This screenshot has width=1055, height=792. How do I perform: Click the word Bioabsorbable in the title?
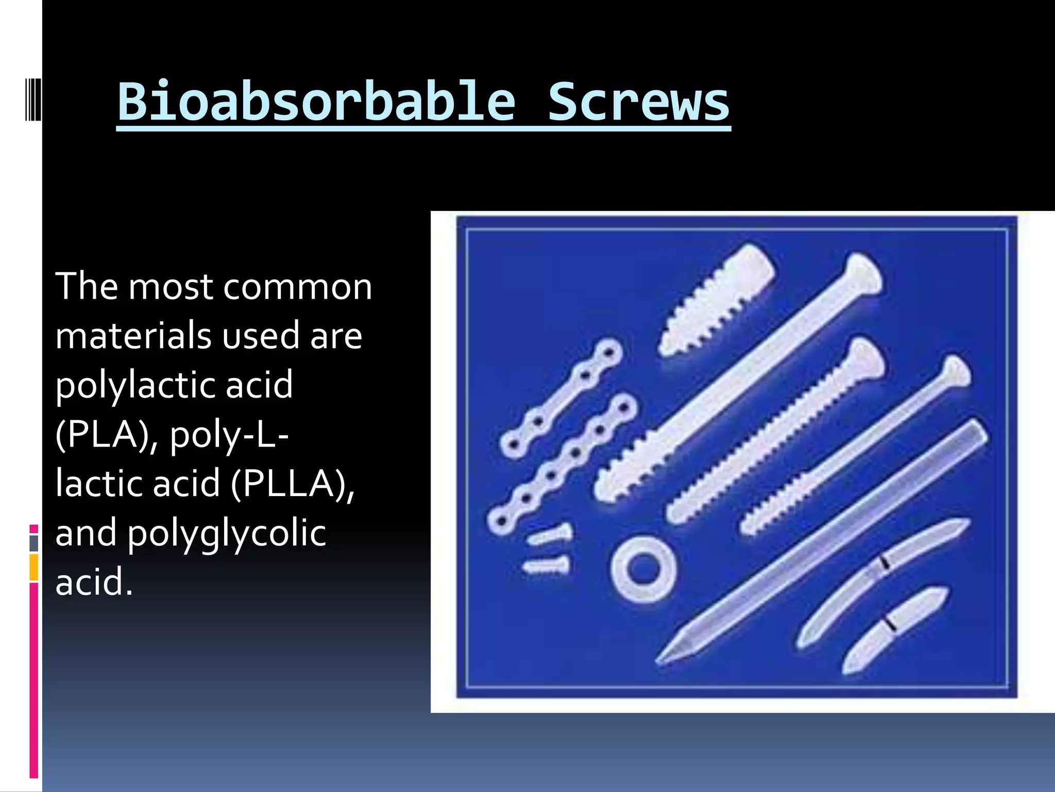pyautogui.click(x=316, y=102)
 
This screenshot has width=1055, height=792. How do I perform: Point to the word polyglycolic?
pyautogui.click(x=227, y=534)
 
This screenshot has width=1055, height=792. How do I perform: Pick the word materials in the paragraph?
pyautogui.click(x=134, y=336)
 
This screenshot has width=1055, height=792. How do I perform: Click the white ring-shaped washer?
pyautogui.click(x=643, y=569)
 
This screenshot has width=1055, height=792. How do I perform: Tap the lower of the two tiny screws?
pyautogui.click(x=547, y=566)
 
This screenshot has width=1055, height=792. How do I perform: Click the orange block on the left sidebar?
pyautogui.click(x=34, y=567)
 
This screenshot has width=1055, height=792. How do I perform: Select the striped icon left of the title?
pyautogui.click(x=33, y=98)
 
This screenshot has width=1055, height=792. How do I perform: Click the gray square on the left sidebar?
pyautogui.click(x=34, y=543)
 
